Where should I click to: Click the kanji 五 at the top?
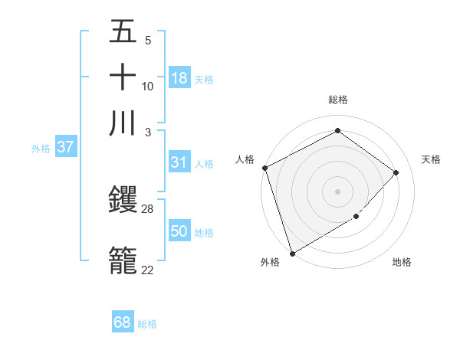[123, 31]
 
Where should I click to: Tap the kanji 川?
[123, 123]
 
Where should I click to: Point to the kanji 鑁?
[123, 201]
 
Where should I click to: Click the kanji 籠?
[123, 260]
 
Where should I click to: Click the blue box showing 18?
[179, 78]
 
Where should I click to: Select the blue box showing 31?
[179, 162]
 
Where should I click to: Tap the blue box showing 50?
[179, 231]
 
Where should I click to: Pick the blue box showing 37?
[65, 147]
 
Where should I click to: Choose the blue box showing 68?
[123, 322]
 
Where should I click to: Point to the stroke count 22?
[148, 270]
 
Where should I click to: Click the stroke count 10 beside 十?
[148, 86]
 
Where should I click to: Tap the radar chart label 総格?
[338, 100]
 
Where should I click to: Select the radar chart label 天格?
[432, 159]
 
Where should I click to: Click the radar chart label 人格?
[245, 159]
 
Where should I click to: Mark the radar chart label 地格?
[402, 263]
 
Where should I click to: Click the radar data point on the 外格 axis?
[292, 253]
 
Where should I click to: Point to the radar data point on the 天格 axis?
[396, 172]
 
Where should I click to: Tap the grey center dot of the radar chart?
[337, 191]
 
